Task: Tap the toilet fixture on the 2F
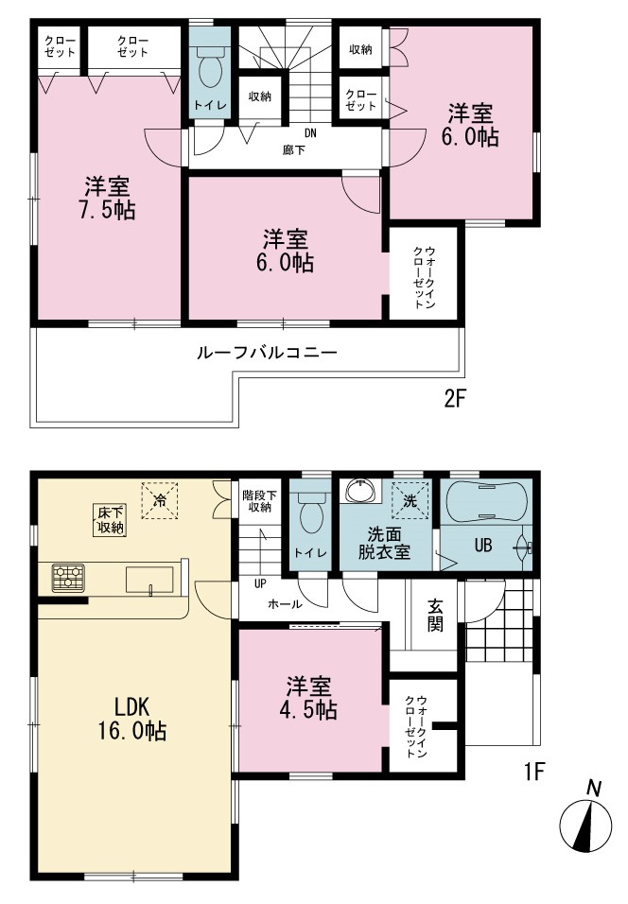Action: [x=209, y=66]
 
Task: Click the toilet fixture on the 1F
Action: [x=310, y=514]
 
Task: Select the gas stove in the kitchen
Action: [x=68, y=578]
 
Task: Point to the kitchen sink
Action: [x=150, y=580]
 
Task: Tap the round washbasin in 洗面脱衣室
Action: [x=361, y=492]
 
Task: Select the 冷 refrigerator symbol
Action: [x=160, y=500]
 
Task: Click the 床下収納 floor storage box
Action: [x=109, y=520]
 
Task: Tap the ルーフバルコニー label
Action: [x=267, y=353]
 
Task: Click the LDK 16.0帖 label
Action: [x=132, y=719]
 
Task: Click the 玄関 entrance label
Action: [x=436, y=616]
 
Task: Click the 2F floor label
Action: [x=454, y=399]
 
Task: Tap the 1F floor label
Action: [x=534, y=771]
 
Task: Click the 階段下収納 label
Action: [x=259, y=501]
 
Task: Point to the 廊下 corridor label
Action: [x=293, y=150]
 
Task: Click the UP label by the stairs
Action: [x=260, y=583]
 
